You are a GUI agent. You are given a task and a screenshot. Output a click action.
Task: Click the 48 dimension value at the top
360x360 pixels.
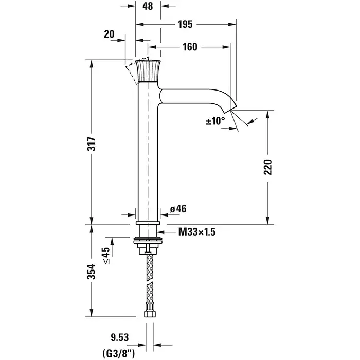(148, 6)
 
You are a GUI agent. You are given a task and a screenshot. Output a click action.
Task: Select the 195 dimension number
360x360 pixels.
(186, 24)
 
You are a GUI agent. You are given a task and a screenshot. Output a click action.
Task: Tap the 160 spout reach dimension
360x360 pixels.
(190, 47)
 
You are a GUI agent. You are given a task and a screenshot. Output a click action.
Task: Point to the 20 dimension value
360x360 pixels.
(109, 34)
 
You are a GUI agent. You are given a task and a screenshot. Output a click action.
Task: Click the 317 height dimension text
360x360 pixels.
(92, 143)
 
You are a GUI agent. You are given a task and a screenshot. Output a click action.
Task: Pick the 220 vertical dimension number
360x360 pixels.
(268, 167)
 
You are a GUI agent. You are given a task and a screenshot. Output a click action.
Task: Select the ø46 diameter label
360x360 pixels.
(178, 209)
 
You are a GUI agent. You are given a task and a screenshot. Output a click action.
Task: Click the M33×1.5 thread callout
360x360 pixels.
(197, 232)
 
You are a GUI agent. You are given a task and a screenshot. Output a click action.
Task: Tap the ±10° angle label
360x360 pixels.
(215, 121)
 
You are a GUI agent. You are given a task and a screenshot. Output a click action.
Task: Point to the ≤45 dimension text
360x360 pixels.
(106, 256)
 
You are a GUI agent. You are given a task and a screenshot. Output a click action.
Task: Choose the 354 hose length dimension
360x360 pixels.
(92, 272)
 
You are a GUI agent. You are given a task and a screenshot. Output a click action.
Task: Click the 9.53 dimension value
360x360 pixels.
(120, 337)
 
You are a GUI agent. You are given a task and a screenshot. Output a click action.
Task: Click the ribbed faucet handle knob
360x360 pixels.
(148, 71)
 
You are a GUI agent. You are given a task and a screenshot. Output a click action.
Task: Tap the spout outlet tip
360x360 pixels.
(230, 110)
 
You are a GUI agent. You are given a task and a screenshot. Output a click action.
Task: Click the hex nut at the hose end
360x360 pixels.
(149, 313)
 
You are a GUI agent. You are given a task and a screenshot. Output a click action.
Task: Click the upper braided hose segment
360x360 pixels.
(150, 266)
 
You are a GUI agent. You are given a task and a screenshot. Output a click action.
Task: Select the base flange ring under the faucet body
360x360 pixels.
(148, 223)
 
